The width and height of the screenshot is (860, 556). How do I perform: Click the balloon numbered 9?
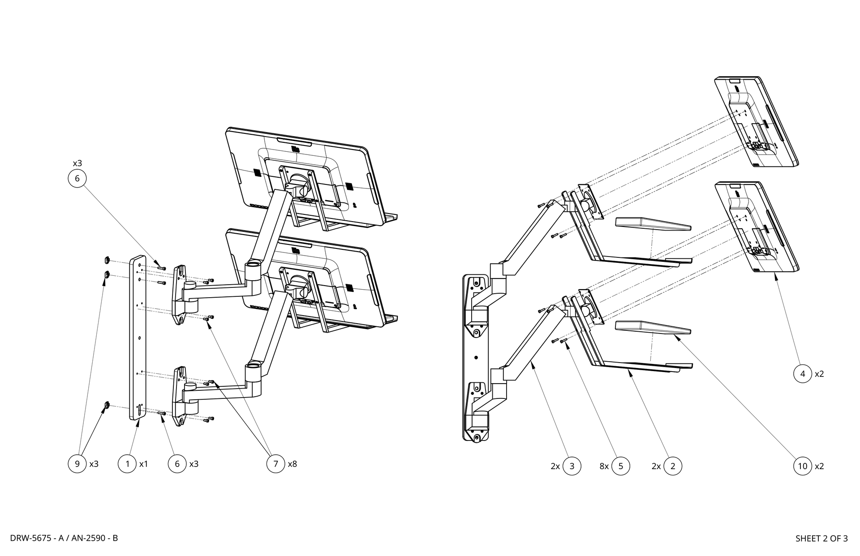77,464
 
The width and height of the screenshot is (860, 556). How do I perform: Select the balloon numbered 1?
127,464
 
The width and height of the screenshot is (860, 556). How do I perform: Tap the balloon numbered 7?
275,464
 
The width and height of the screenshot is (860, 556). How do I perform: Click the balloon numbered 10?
802,466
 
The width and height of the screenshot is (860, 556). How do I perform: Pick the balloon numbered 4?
802,374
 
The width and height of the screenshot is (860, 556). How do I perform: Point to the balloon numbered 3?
572,466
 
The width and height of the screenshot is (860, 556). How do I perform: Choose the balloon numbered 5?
620,466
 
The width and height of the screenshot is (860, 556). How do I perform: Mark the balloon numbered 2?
672,466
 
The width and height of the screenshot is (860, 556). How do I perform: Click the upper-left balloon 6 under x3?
77,179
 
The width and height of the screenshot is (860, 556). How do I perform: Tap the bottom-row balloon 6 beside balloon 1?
177,464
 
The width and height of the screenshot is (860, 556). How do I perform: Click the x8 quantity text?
292,464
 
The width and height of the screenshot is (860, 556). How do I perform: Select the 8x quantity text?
604,466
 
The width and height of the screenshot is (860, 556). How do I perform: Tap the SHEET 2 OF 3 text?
821,539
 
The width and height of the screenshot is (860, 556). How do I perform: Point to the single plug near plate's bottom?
107,406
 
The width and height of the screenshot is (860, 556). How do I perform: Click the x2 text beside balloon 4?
819,374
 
